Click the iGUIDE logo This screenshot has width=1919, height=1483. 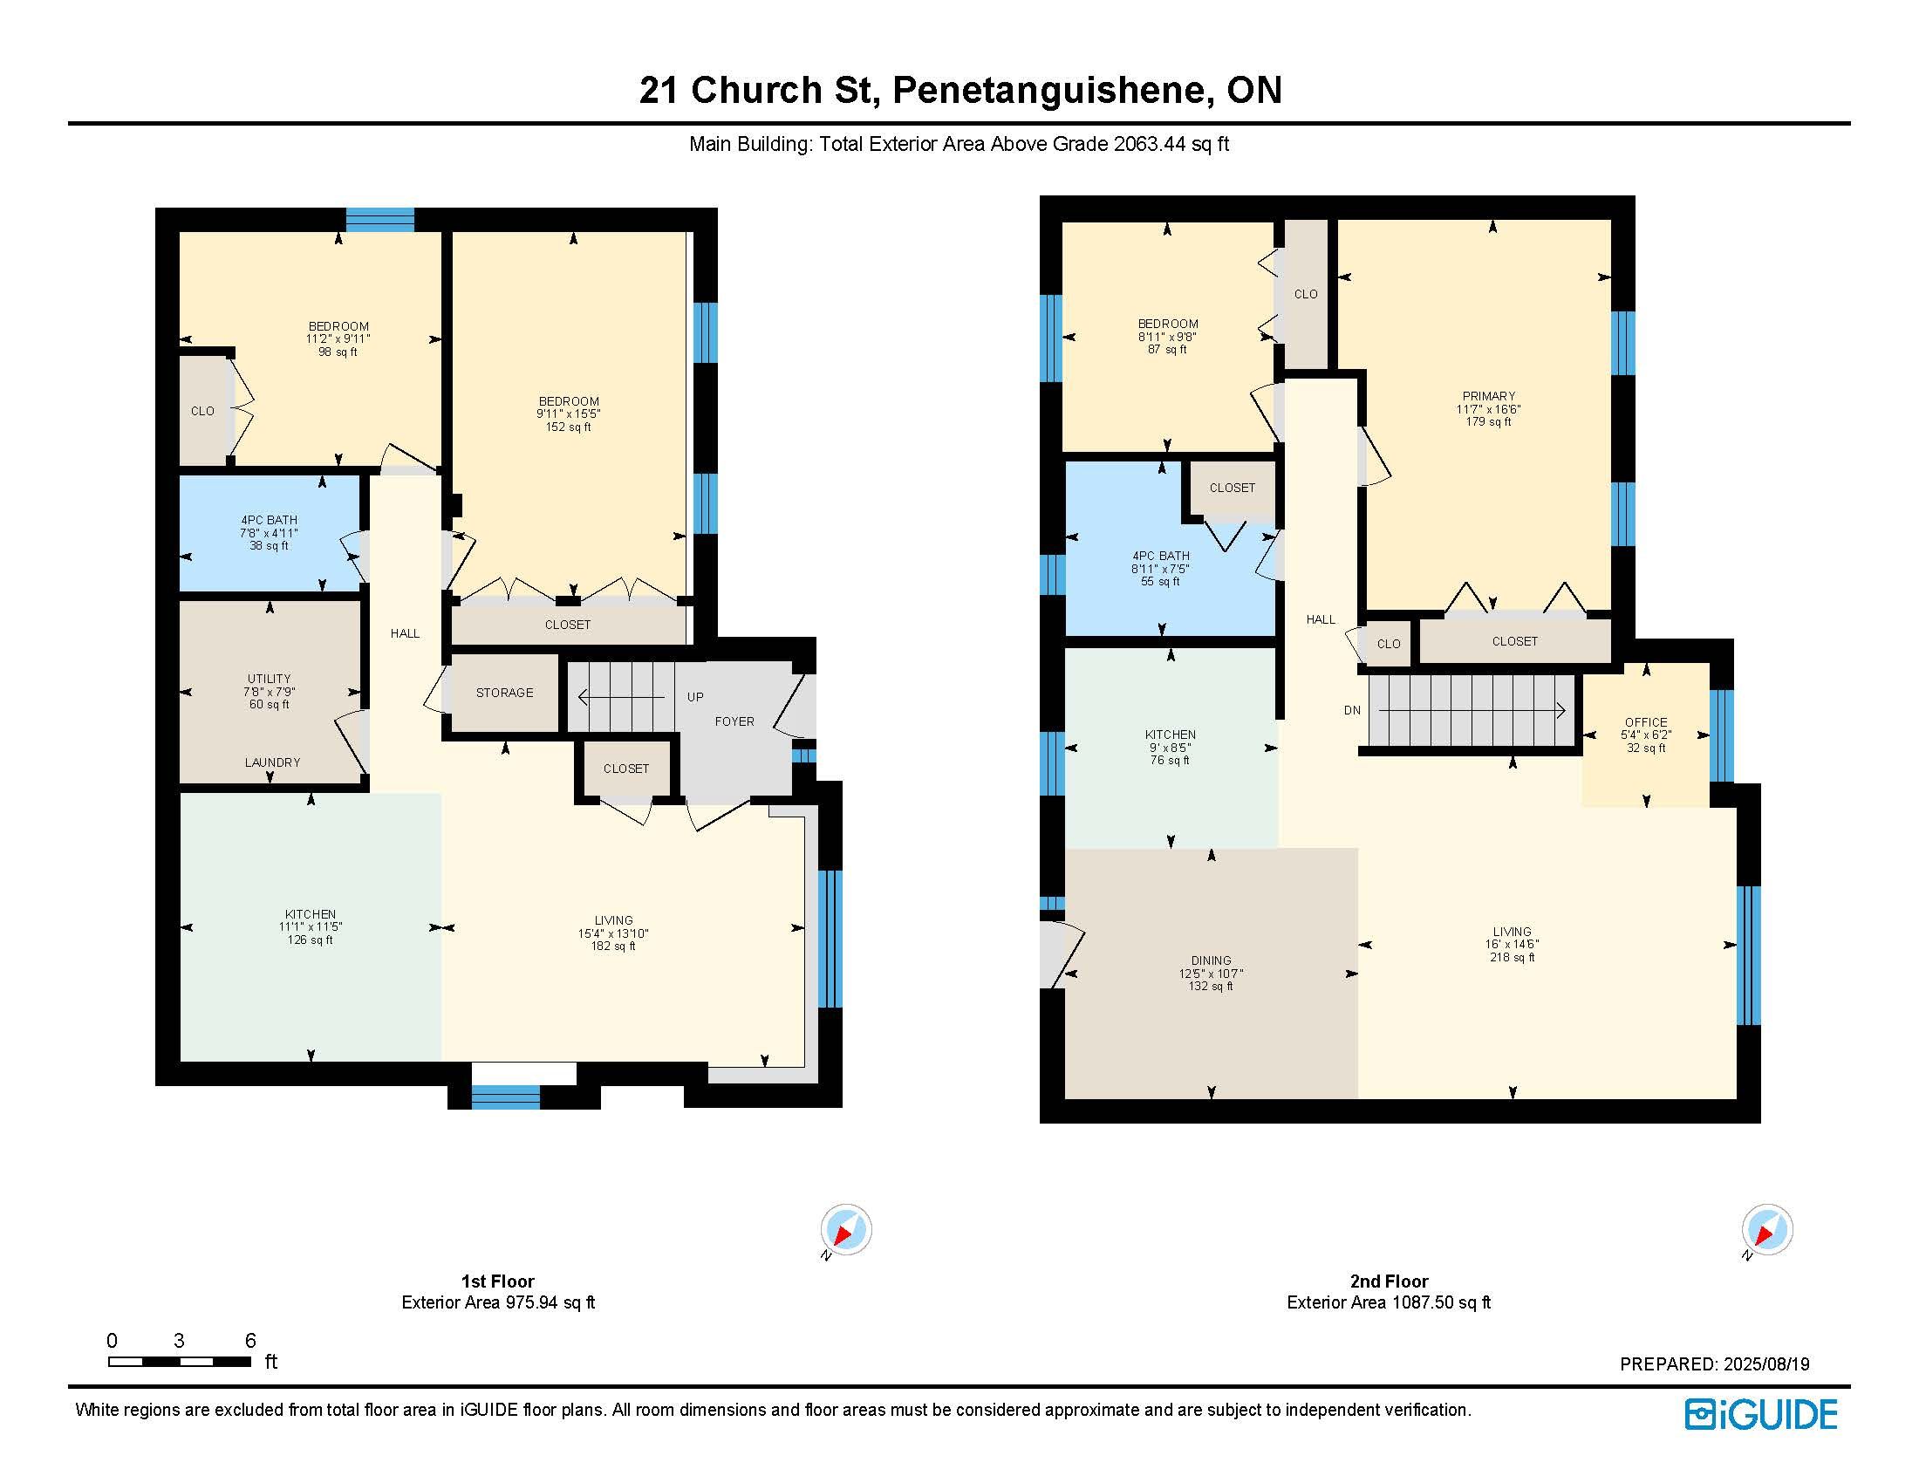[1760, 1414]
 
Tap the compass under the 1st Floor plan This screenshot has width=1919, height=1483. [845, 1229]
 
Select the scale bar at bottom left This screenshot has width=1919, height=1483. [181, 1362]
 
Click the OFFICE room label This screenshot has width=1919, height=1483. [1646, 722]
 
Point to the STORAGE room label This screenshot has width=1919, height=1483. [504, 693]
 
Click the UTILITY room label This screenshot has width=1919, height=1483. [269, 678]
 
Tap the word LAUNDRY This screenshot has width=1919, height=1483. [272, 762]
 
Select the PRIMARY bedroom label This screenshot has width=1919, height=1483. [1488, 395]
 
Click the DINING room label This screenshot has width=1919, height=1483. [1211, 960]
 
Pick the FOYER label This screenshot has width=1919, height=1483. [734, 721]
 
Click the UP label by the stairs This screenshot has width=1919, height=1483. [695, 697]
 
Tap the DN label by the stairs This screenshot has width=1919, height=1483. [1352, 710]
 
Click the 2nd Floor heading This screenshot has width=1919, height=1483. [1390, 1281]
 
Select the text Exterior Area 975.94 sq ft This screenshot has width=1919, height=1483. [498, 1302]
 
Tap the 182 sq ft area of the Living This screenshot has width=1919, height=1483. [613, 946]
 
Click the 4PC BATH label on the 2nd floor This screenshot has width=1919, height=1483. [1161, 555]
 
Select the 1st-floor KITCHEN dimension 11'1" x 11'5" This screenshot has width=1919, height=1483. [311, 926]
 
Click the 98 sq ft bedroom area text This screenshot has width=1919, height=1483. [338, 352]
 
